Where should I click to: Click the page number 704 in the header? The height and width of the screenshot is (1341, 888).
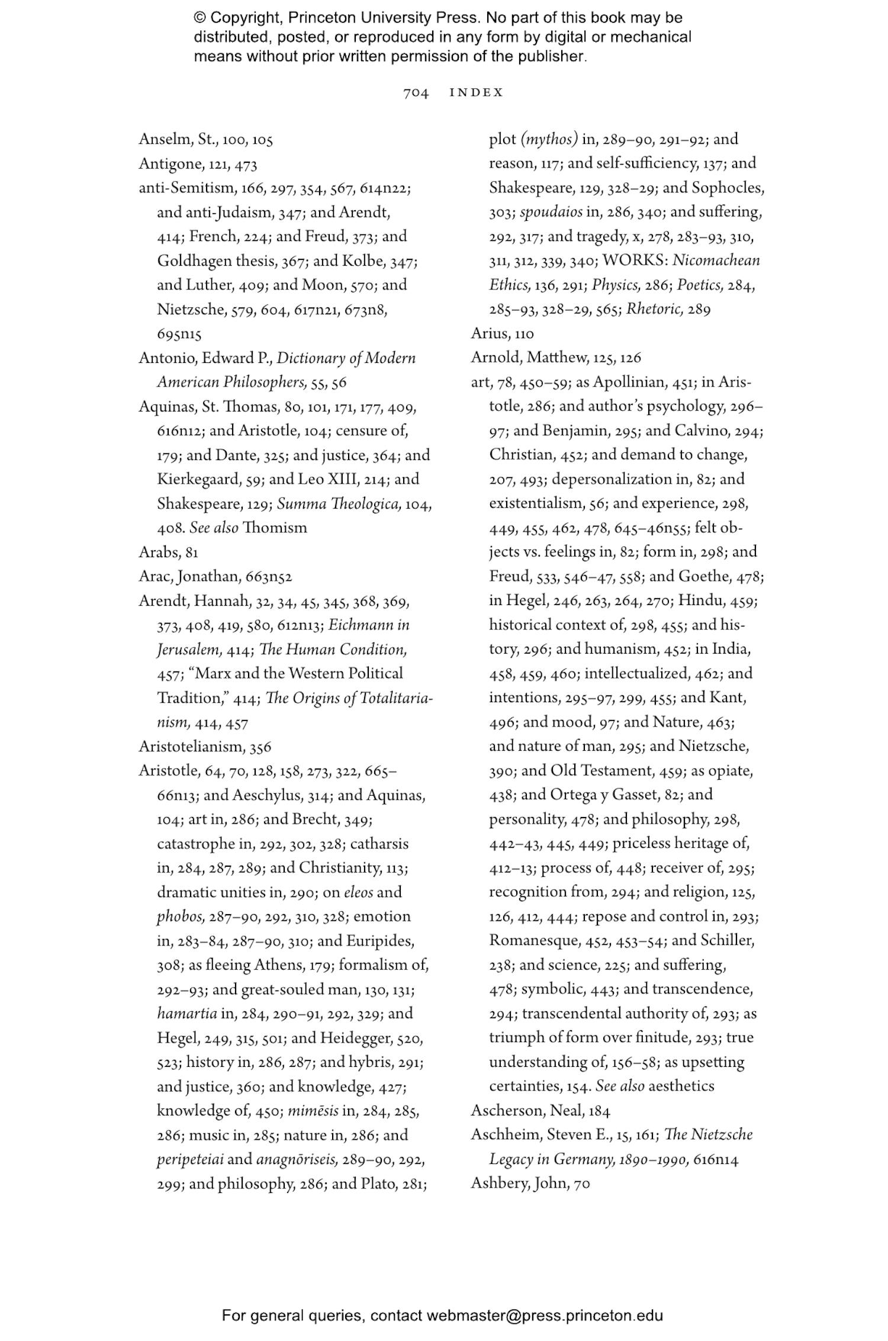416,93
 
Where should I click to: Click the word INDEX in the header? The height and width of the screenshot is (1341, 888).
477,93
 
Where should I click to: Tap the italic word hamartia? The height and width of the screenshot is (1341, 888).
187,1013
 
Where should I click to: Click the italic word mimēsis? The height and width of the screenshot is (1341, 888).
313,1111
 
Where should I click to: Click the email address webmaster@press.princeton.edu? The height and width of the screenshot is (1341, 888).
545,1316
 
